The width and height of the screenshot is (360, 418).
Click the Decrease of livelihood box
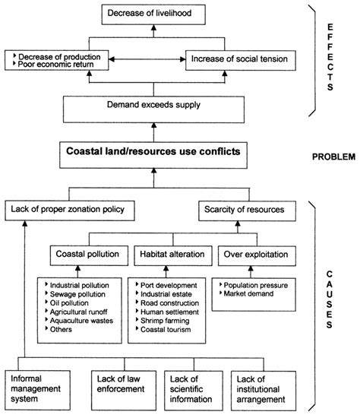[155, 13]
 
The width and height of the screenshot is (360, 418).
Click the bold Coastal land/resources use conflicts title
[155, 152]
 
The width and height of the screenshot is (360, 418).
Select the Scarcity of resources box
[242, 207]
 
